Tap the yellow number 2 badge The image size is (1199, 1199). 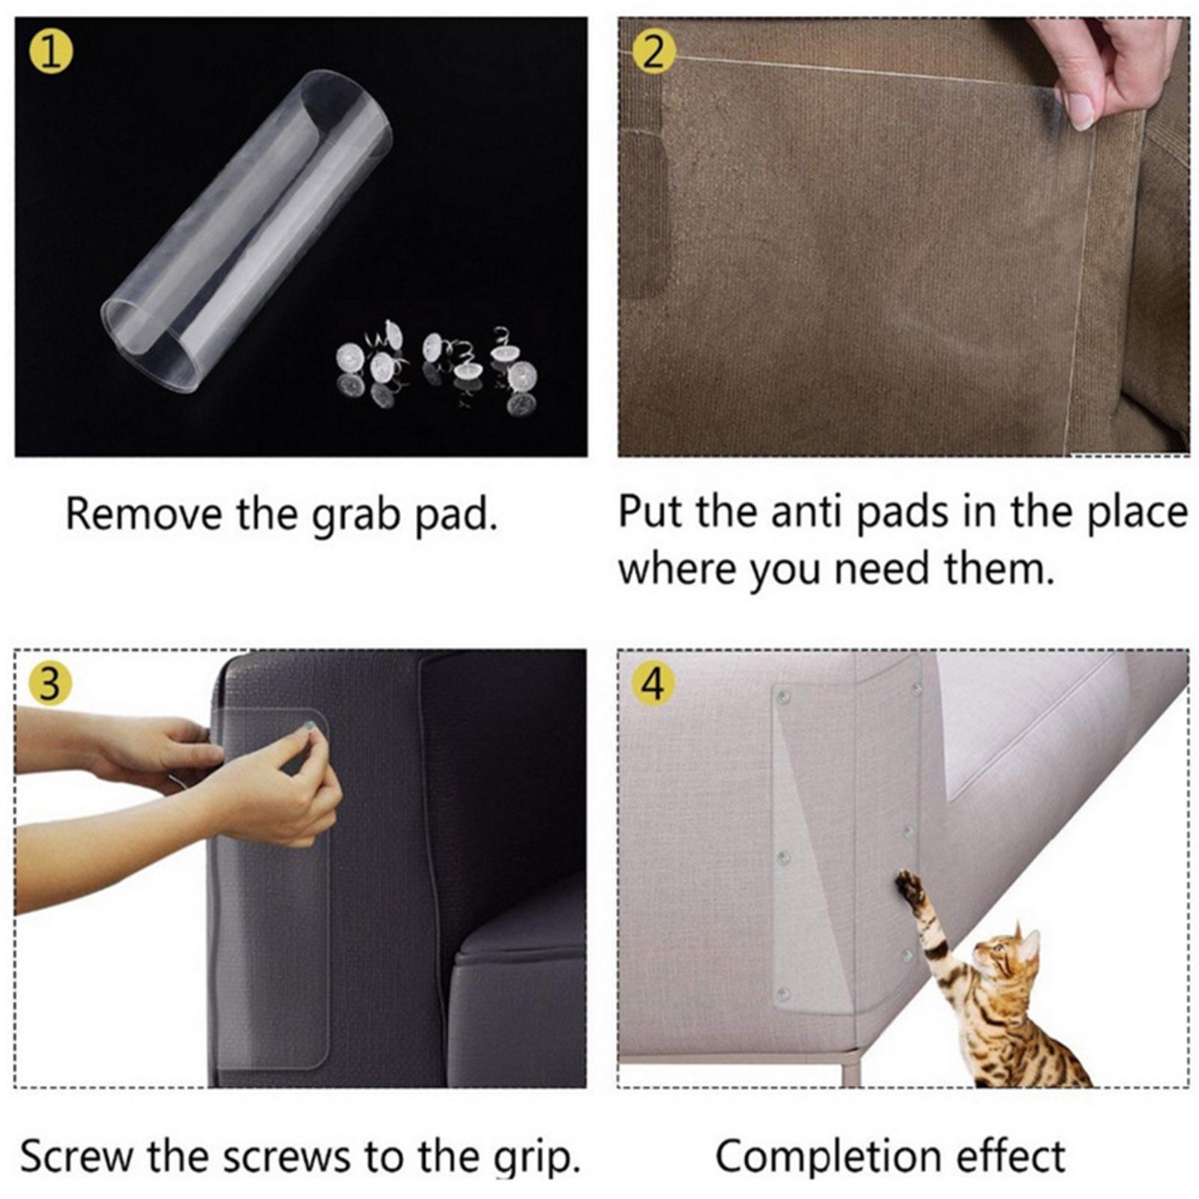pyautogui.click(x=653, y=53)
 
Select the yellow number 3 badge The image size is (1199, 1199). pyautogui.click(x=50, y=683)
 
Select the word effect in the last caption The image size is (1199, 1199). pyautogui.click(x=1011, y=1156)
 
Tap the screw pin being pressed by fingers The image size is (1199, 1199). pyautogui.click(x=306, y=726)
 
